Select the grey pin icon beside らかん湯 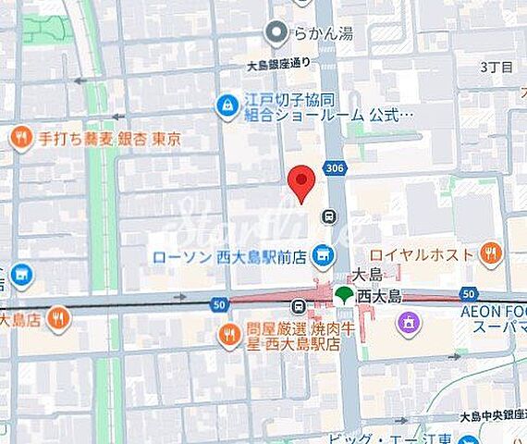pyautogui.click(x=276, y=34)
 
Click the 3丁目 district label pyautogui.click(x=496, y=67)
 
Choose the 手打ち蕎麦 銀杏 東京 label pyautogui.click(x=109, y=139)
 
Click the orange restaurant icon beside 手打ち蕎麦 pyautogui.click(x=21, y=139)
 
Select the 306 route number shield pyautogui.click(x=334, y=167)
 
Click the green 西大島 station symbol pyautogui.click(x=344, y=296)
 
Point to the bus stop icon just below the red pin pyautogui.click(x=328, y=216)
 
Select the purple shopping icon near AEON pyautogui.click(x=408, y=322)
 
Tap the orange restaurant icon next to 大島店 pyautogui.click(x=58, y=319)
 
